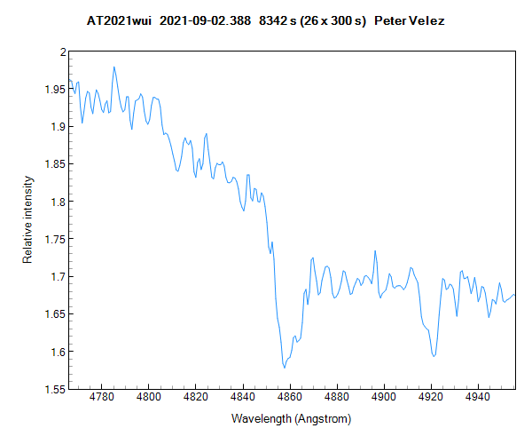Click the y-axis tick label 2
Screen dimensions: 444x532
tap(62, 52)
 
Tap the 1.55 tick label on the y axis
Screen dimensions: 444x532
tap(54, 389)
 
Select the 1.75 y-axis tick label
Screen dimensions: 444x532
tap(54, 240)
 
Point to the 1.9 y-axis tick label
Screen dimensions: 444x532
tap(57, 127)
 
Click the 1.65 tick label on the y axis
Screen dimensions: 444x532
tap(54, 314)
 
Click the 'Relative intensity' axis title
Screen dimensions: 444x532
tap(27, 219)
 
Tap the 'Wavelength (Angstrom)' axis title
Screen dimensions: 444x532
tap(291, 418)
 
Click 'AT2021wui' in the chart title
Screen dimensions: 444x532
tap(120, 20)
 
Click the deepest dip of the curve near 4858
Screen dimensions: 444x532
tap(284, 367)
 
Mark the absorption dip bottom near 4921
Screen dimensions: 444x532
tap(434, 356)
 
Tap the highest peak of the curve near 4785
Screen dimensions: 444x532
tap(113, 67)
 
